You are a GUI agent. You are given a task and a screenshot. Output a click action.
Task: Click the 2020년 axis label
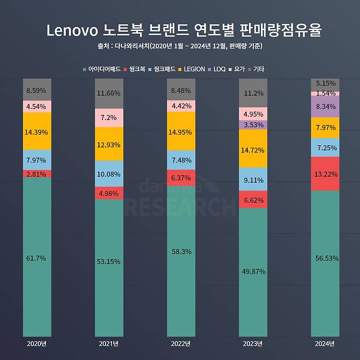tap(37, 344)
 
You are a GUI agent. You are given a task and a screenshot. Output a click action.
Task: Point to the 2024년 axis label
tap(325, 344)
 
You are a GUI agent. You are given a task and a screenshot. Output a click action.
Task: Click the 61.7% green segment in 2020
tap(37, 257)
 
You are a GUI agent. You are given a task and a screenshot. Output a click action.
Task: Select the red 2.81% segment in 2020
tap(37, 174)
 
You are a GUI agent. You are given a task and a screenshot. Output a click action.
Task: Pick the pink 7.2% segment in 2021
tap(109, 118)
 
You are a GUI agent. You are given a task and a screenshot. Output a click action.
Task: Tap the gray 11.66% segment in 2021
tap(109, 94)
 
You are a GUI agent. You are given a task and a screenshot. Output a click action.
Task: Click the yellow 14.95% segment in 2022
tap(181, 131)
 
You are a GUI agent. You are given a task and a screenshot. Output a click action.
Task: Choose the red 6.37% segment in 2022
tap(181, 178)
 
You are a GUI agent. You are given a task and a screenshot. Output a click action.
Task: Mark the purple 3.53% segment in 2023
tap(253, 125)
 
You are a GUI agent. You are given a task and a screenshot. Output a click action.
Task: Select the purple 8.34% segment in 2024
tap(325, 107)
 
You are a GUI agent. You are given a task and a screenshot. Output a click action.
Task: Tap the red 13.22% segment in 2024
tap(325, 174)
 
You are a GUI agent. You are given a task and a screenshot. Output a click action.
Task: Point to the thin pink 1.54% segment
tap(325, 94)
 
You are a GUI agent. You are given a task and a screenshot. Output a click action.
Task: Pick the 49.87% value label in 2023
tap(253, 271)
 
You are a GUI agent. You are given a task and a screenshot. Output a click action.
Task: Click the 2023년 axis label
tap(253, 344)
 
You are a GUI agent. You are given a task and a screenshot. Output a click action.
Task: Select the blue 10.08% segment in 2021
tap(109, 174)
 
